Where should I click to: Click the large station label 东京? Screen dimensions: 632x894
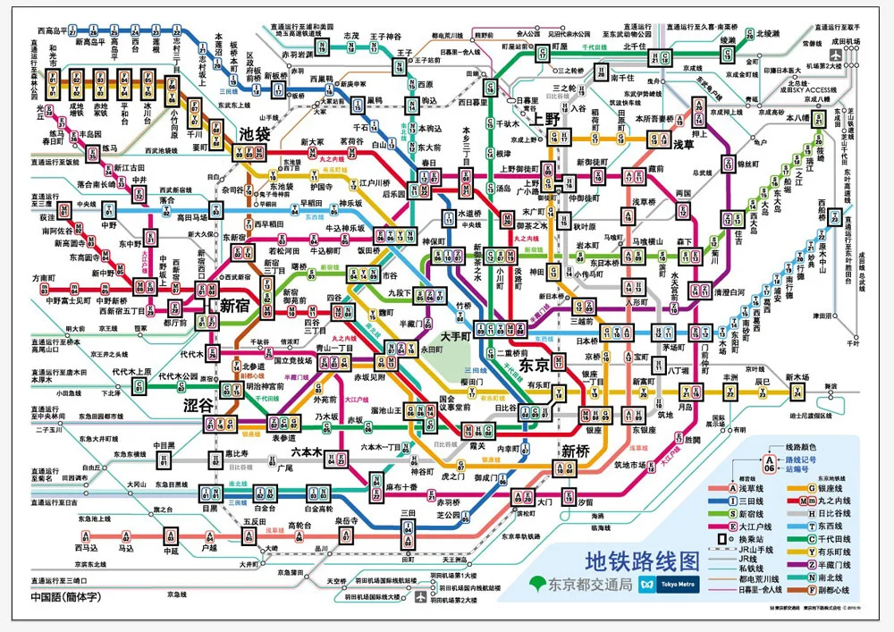(535, 366)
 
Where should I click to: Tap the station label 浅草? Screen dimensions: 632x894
(684, 144)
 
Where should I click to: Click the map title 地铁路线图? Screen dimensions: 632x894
(640, 560)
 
